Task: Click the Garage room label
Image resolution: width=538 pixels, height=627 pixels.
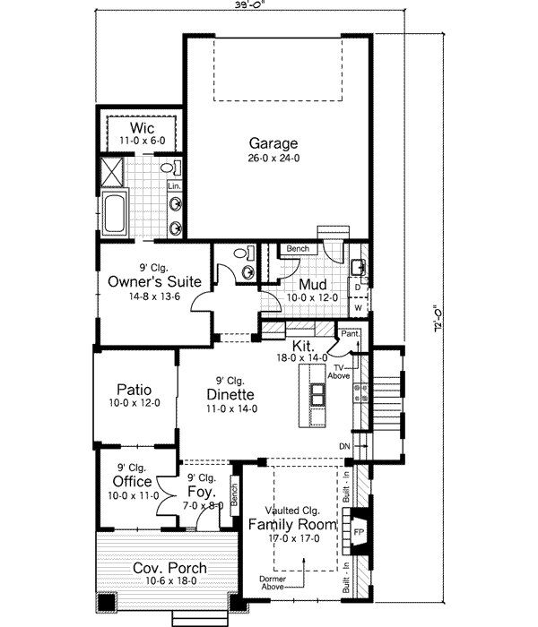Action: click(x=273, y=143)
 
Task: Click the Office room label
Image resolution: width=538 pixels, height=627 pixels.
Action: click(x=131, y=482)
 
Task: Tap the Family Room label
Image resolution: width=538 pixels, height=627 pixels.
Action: click(x=292, y=524)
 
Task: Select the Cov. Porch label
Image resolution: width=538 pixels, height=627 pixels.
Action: click(x=169, y=568)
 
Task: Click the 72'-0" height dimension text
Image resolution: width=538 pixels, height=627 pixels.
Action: click(x=437, y=320)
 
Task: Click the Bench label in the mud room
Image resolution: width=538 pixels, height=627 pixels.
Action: click(x=297, y=248)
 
